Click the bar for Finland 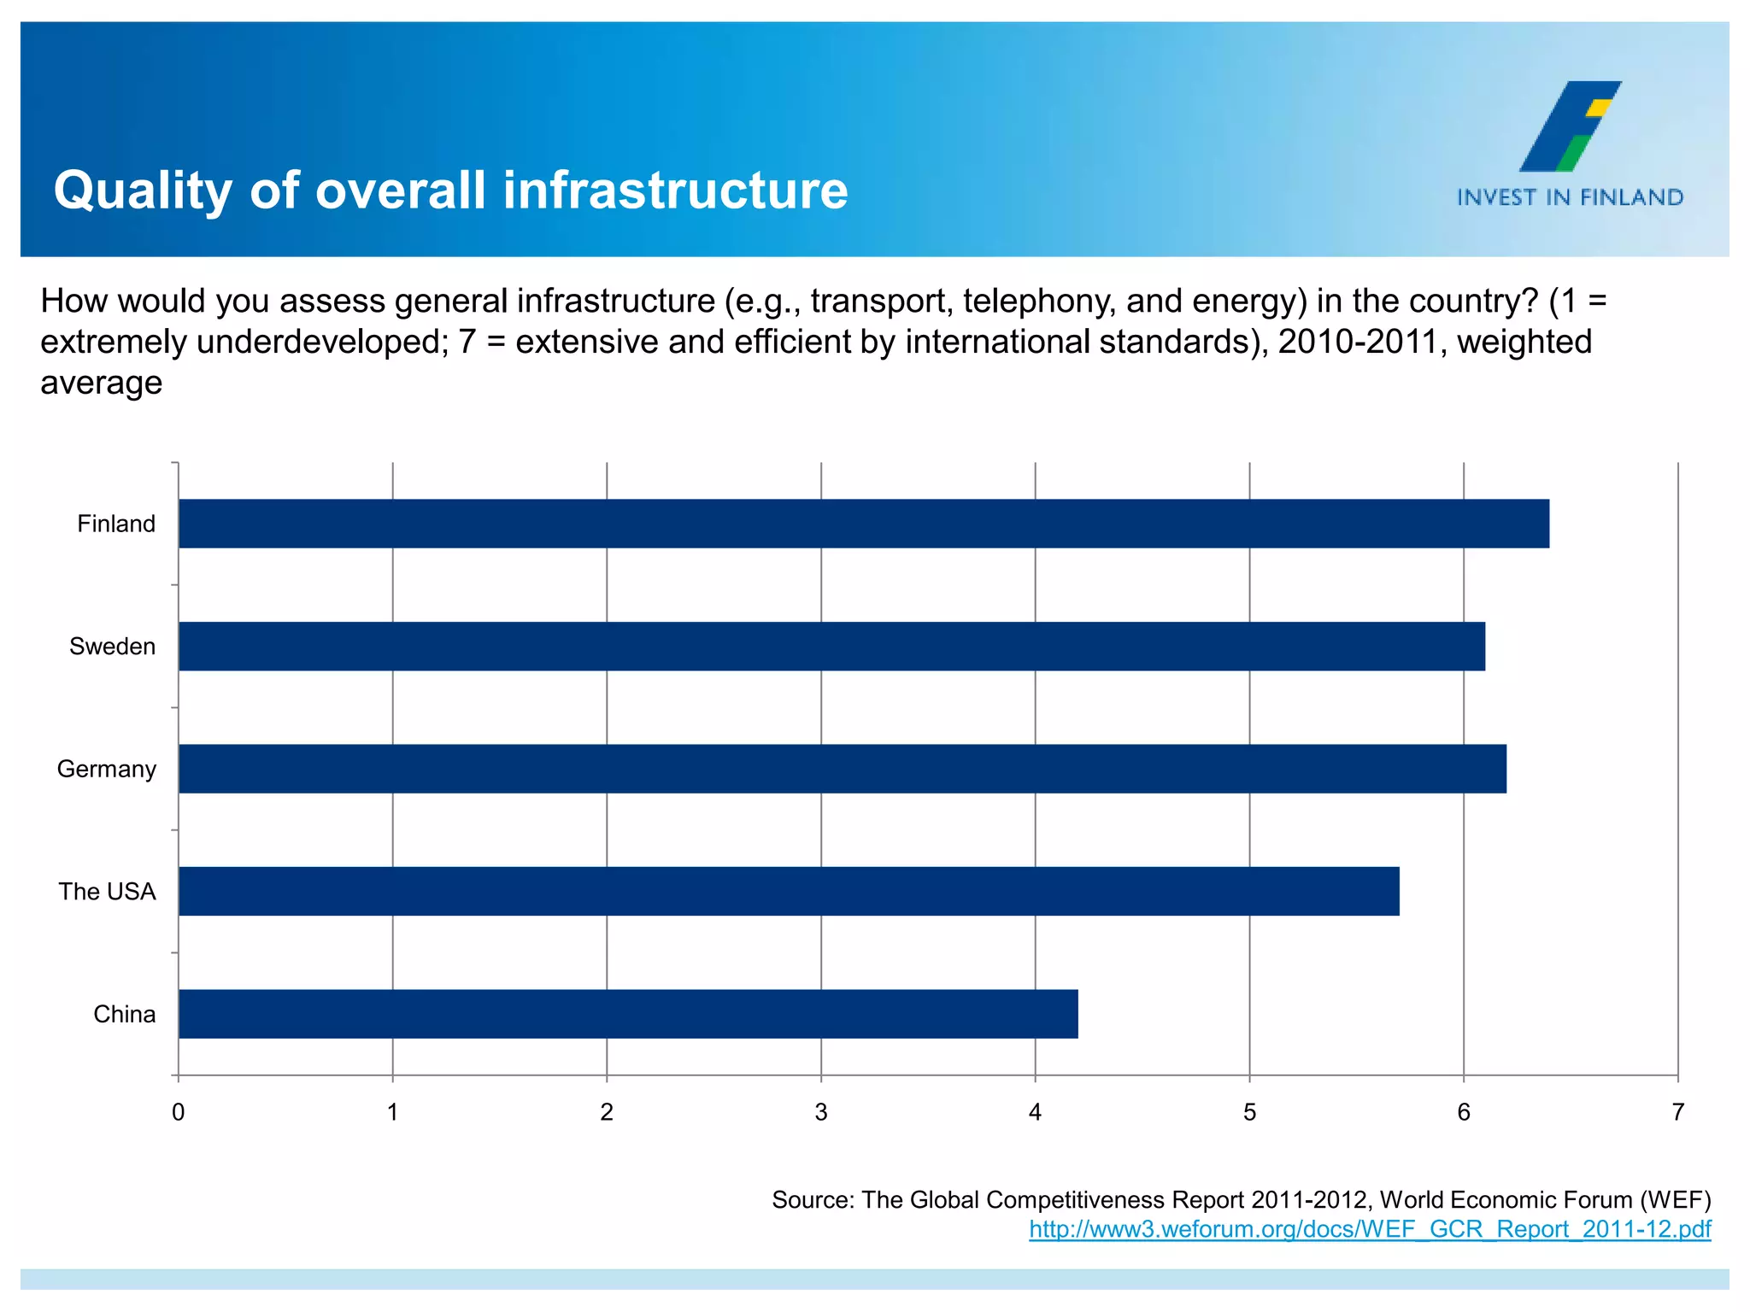click(863, 524)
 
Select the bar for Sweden click(831, 647)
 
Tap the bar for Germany click(842, 769)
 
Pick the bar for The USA click(789, 891)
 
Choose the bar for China click(628, 1014)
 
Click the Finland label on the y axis click(116, 524)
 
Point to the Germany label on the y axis click(106, 769)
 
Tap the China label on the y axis click(124, 1014)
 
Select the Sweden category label click(112, 647)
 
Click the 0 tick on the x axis click(178, 1112)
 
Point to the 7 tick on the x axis click(1677, 1112)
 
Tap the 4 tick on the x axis click(1035, 1112)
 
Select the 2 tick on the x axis click(607, 1112)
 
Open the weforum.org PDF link click(1369, 1229)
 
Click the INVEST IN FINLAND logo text click(1570, 197)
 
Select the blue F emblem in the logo click(1568, 126)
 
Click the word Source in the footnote click(812, 1200)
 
